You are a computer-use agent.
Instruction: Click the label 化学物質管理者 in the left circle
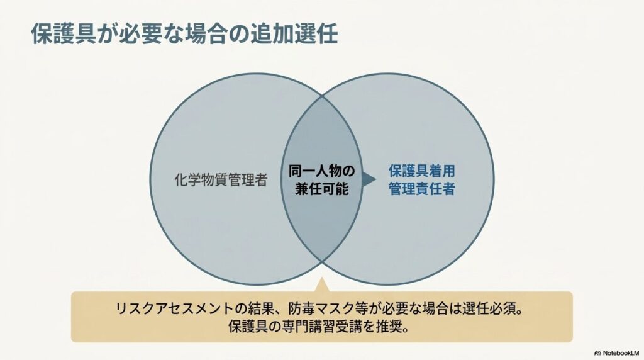click(x=221, y=179)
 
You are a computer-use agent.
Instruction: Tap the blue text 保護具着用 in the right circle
click(x=422, y=171)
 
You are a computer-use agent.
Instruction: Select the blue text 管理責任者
click(x=422, y=189)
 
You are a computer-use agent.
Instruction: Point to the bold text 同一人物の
click(x=321, y=171)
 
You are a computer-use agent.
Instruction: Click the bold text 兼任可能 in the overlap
click(x=321, y=189)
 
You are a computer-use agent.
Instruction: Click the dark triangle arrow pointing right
click(x=369, y=179)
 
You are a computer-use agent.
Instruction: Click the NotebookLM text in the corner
click(x=621, y=353)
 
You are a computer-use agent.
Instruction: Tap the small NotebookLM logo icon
click(x=597, y=353)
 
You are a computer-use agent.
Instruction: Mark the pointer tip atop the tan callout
click(x=322, y=278)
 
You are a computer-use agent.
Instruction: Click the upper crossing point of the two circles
click(x=322, y=96)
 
